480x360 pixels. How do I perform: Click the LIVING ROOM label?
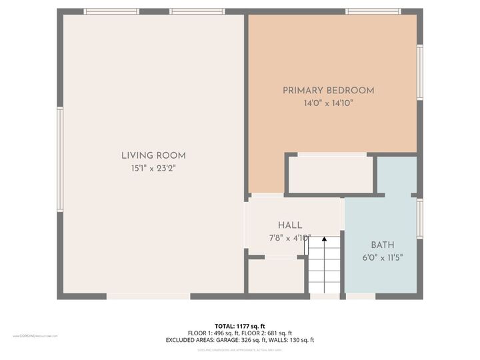point(153,155)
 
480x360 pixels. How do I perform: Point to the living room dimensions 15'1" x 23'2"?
point(153,168)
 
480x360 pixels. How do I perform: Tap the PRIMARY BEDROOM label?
point(328,91)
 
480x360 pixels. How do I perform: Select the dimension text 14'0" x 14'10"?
point(328,103)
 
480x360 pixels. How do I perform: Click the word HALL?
point(290,225)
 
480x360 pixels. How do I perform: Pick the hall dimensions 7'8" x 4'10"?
point(290,237)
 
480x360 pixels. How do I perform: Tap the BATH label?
point(383,245)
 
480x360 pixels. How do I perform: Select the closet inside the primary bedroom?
point(329,175)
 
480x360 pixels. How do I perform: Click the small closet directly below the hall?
point(276,276)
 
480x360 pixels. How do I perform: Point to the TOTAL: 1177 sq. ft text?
point(240,325)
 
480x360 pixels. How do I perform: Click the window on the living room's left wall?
point(60,160)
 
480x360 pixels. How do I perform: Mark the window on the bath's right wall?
point(420,219)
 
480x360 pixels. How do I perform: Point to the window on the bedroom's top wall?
point(373,11)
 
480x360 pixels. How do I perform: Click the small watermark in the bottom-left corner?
point(35,337)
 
